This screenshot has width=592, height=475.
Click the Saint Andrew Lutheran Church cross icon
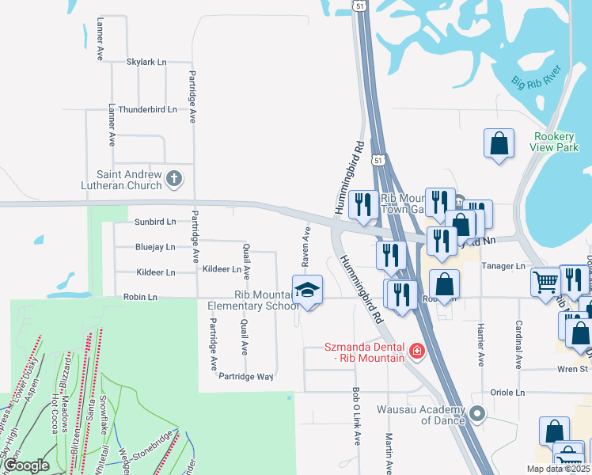(175, 180)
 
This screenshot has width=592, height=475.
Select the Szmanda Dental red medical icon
(415, 350)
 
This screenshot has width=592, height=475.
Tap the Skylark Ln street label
(146, 61)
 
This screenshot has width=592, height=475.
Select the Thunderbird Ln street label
(147, 109)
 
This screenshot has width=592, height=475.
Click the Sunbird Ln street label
(154, 222)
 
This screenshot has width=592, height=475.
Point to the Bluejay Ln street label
(155, 247)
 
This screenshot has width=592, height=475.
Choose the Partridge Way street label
(246, 376)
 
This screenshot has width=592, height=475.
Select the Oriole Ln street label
(509, 393)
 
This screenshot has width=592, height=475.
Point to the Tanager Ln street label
(503, 266)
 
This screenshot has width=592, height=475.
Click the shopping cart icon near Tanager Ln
(545, 282)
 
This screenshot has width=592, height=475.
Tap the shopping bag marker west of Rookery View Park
(499, 144)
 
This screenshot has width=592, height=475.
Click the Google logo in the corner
(27, 466)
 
